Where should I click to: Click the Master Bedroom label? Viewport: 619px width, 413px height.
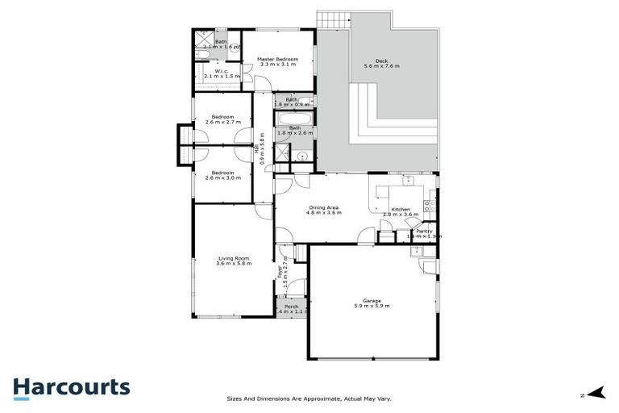point(277,60)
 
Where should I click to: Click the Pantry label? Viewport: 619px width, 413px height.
point(424,232)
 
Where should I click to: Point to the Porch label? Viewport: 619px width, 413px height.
point(291,307)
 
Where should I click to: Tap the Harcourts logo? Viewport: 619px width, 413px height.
point(71,387)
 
